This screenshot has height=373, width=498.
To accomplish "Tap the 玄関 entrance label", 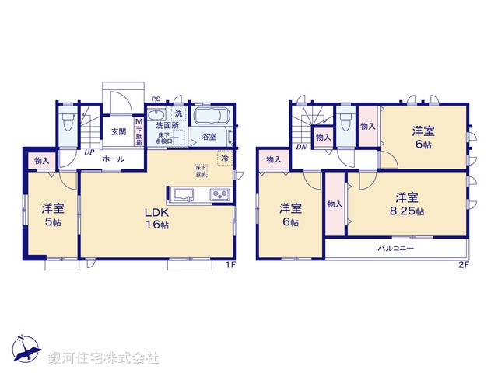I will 118,131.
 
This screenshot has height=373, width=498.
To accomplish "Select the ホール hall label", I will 110,158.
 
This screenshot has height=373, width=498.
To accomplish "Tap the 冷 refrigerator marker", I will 224,158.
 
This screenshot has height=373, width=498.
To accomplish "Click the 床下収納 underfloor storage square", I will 201,170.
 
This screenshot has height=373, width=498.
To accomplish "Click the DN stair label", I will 300,147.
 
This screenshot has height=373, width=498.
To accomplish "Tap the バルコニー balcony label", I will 396,249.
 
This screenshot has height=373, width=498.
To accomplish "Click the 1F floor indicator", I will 230,266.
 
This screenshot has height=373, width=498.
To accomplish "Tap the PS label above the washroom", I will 156,99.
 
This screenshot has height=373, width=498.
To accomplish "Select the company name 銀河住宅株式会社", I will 103,358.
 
